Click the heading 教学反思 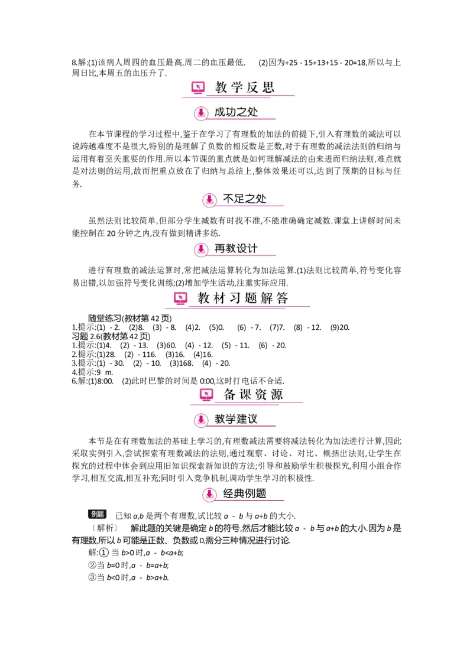(244, 88)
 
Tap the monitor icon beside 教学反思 (199, 88)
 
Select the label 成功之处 (237, 112)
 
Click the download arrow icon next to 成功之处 (201, 113)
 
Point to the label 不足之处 (245, 199)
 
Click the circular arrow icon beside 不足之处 (209, 200)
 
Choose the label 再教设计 (237, 249)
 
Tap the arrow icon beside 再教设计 (201, 249)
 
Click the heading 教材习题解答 (243, 298)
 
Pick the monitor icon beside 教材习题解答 (180, 298)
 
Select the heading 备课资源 (253, 395)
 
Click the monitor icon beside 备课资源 (206, 395)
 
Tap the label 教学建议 (237, 419)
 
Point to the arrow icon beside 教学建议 (201, 420)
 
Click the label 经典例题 (245, 493)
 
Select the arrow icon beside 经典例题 (209, 494)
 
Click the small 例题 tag (98, 514)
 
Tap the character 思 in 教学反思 (268, 88)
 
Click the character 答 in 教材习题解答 (282, 298)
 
